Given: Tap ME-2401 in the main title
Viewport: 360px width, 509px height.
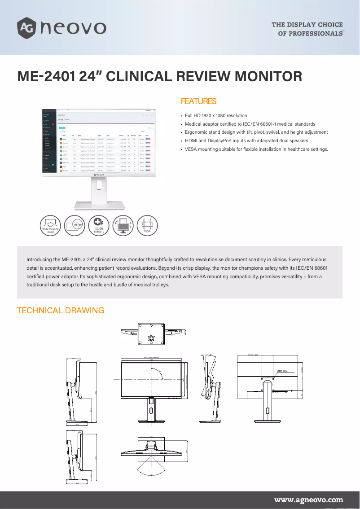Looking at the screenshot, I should click(x=45, y=76).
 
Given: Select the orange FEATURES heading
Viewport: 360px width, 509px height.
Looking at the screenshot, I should click(x=198, y=101).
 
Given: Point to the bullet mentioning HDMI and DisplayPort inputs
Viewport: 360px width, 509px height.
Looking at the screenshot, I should click(x=246, y=140).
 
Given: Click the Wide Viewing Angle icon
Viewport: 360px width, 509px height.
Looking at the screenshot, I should click(x=51, y=225).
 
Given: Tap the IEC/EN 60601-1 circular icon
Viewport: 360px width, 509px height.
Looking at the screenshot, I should click(x=99, y=225).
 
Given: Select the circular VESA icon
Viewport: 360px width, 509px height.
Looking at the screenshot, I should click(x=147, y=225).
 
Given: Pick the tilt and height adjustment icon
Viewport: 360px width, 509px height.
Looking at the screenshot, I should click(x=123, y=225).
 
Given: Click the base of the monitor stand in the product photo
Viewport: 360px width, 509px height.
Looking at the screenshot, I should click(x=98, y=206).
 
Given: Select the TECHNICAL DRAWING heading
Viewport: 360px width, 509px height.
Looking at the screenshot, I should click(x=60, y=310).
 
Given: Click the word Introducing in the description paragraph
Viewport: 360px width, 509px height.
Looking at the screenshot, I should click(x=40, y=260).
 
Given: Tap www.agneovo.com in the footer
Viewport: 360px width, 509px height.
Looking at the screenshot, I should click(x=308, y=500).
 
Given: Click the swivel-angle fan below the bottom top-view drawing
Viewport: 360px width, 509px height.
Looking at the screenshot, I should click(x=151, y=467).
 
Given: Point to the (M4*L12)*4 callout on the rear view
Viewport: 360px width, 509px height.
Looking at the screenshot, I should click(x=282, y=371).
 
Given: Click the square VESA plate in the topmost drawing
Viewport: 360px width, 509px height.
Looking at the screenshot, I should click(x=151, y=332).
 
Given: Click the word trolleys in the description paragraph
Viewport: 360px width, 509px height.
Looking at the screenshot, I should click(x=159, y=285).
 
